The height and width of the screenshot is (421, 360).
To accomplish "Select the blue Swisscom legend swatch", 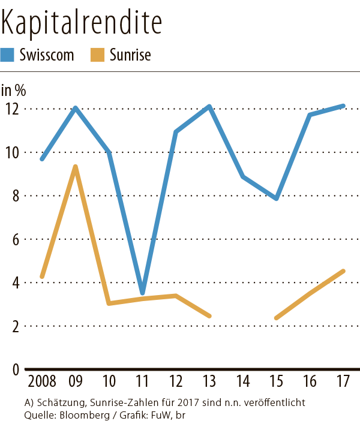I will [x=8, y=55].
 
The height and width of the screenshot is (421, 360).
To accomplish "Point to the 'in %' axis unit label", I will [x=13, y=91].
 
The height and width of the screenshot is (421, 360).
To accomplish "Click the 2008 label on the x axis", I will [x=41, y=382].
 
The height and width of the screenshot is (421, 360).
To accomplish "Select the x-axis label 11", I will [x=142, y=382].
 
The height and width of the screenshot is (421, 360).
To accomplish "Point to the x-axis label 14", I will [x=242, y=382].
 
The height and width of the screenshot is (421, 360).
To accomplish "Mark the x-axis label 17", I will [x=343, y=382].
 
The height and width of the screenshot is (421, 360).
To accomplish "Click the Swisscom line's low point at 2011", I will [x=142, y=293].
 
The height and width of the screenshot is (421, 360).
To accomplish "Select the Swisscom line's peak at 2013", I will [x=209, y=107].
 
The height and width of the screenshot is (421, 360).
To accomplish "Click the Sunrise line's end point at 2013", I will [x=209, y=315].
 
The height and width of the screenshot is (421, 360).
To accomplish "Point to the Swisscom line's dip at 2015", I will [x=276, y=198].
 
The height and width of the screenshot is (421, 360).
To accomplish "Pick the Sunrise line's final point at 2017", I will [x=343, y=271].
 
